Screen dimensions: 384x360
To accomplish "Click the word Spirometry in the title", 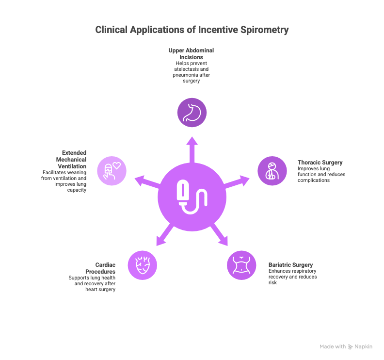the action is [265, 30].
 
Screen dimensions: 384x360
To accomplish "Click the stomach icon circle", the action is [192, 113].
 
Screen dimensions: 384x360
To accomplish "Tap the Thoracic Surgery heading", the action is [320, 163].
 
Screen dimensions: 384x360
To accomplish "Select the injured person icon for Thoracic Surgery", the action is [272, 171].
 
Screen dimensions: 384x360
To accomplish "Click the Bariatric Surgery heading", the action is [291, 265].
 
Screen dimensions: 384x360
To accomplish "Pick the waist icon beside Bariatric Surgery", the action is [241, 265].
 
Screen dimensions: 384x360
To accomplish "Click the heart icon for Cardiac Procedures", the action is [142, 265].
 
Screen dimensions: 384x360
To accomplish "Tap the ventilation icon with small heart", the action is [112, 171].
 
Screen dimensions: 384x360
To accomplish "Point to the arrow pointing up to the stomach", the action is [192, 150].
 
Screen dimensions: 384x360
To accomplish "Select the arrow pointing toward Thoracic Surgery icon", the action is [236, 182].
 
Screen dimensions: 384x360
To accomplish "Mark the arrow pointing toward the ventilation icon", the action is [148, 182].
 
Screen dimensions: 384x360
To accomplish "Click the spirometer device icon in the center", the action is [192, 197].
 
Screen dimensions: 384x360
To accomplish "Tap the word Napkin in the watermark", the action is [364, 346].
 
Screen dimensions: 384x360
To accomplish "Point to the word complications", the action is [314, 180].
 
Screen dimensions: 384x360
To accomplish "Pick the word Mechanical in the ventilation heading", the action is [71, 160].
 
